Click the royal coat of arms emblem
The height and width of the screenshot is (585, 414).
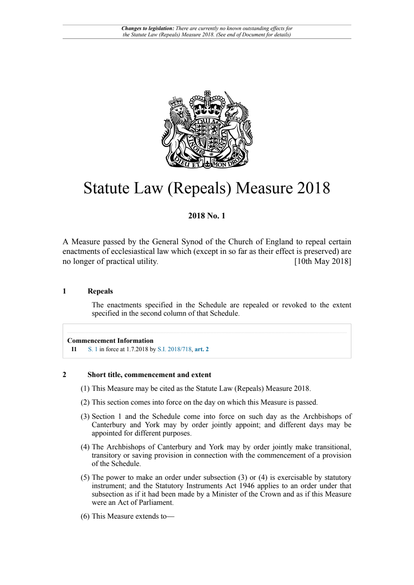[207, 129]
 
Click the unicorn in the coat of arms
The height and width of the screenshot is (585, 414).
[237, 125]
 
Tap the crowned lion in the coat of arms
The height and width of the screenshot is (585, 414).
[178, 125]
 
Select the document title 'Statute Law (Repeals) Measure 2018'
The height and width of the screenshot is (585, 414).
[207, 188]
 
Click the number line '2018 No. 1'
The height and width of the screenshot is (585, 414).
[207, 216]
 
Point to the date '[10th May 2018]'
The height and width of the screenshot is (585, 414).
[323, 261]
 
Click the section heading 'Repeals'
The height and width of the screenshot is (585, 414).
[100, 291]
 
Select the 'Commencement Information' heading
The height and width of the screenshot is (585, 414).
[110, 341]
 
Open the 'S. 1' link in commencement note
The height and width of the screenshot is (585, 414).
[93, 349]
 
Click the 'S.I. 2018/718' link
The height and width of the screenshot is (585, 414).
[174, 349]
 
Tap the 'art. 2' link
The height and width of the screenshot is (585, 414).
[202, 349]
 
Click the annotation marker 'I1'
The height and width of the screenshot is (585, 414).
[74, 349]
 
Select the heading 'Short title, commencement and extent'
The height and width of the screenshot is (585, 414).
[149, 375]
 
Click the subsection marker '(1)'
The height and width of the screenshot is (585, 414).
[85, 388]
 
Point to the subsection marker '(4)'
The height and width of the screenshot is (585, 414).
[85, 447]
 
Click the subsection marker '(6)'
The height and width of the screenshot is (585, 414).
[85, 516]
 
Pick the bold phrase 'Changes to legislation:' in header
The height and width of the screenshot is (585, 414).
[147, 28]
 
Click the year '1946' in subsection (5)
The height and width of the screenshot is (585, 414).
[246, 486]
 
